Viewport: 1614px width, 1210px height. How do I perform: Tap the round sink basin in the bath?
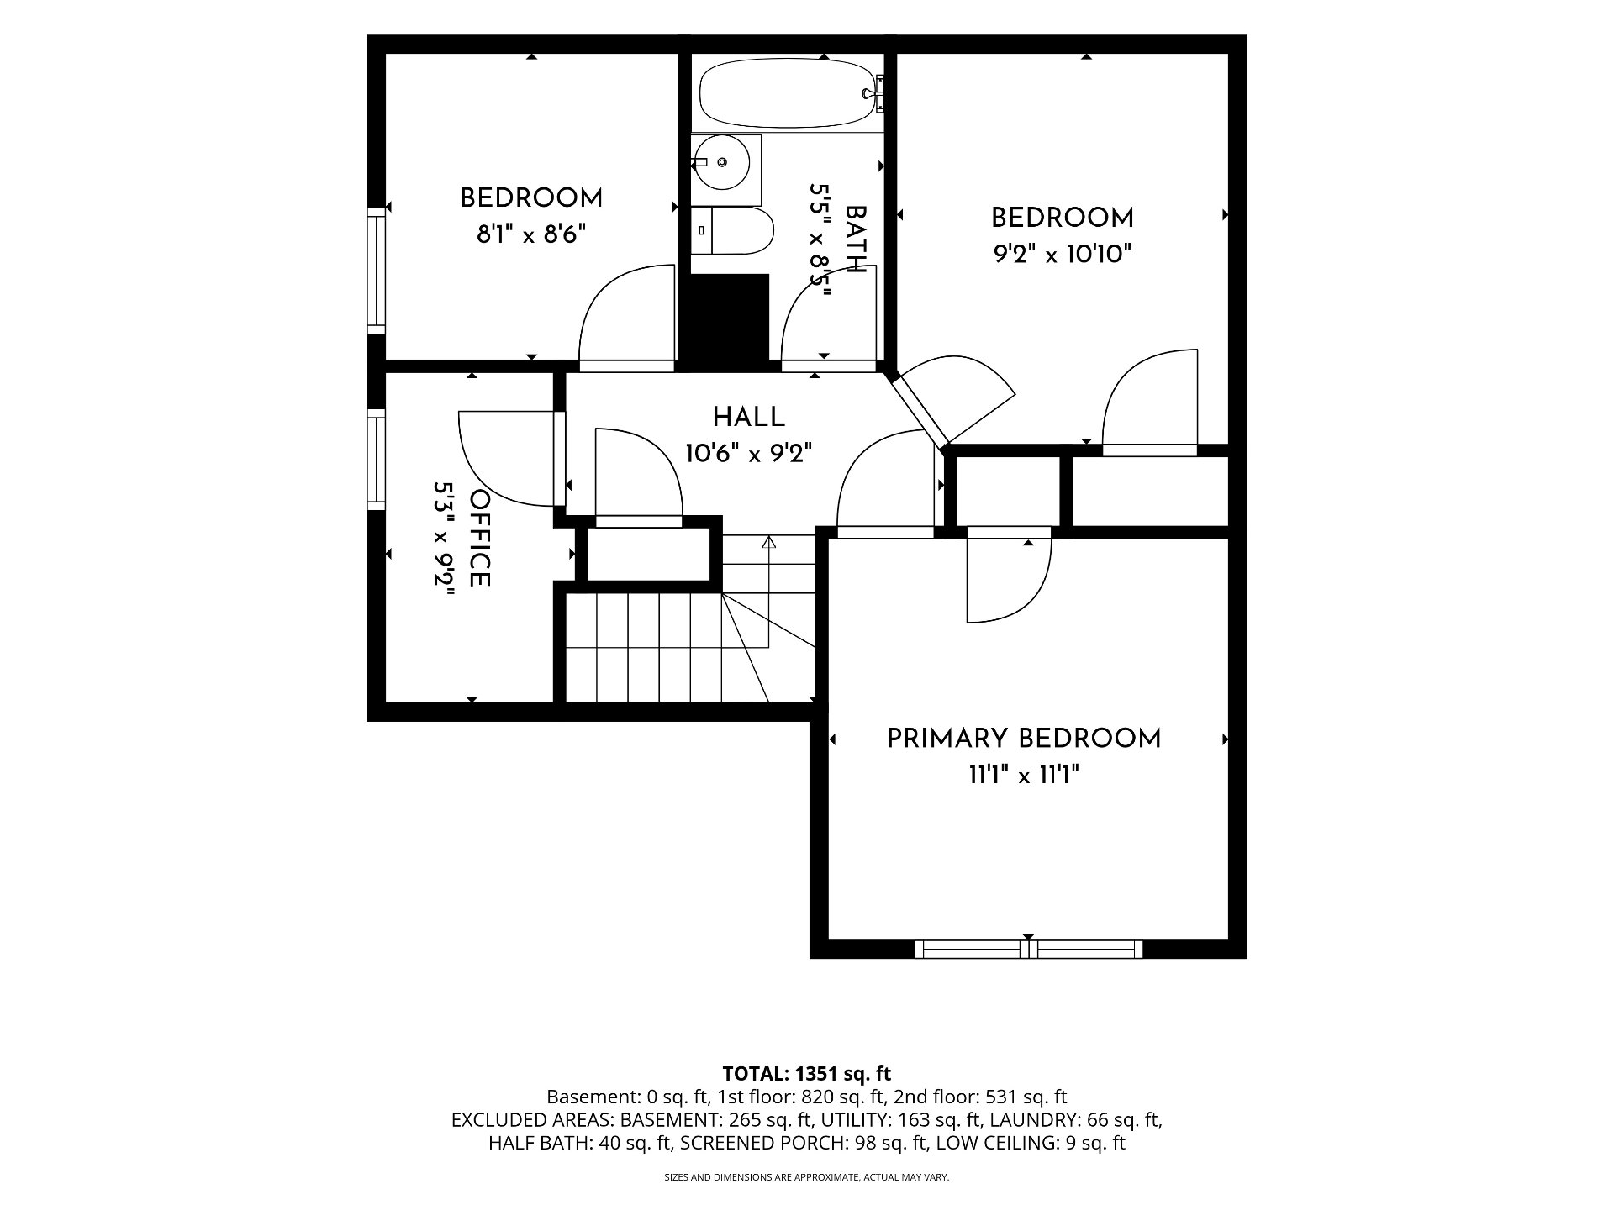coord(722,162)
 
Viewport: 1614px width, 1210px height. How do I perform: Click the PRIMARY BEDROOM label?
coord(1024,739)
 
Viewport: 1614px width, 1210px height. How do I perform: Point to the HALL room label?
coord(749,417)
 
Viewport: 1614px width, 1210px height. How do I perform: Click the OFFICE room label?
coord(480,539)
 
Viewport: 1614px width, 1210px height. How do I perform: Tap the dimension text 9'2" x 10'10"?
coord(1063,254)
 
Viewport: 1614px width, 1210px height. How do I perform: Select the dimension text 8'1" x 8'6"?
coord(531,234)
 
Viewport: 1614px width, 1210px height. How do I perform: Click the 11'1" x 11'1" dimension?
coord(1024,775)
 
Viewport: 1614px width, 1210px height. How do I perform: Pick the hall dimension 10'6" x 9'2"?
coord(749,454)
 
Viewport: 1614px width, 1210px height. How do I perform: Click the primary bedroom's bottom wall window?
coord(1028,949)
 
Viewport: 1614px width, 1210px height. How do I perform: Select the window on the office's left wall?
coord(376,460)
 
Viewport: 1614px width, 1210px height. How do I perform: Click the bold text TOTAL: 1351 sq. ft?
coord(807,1074)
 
